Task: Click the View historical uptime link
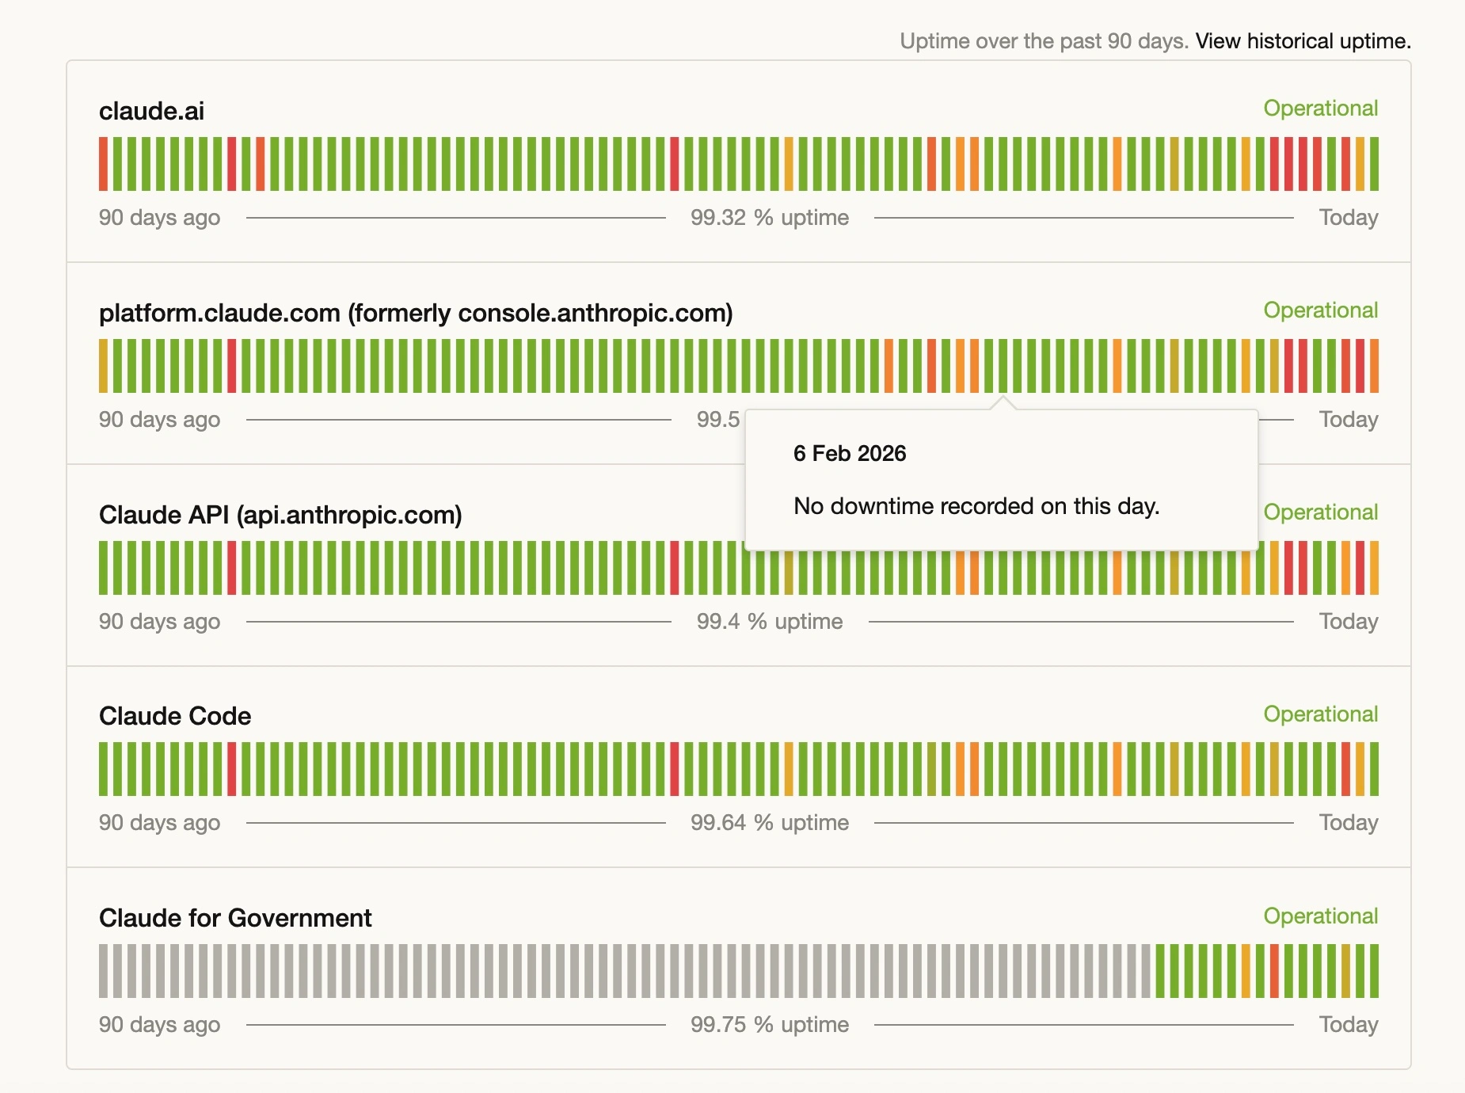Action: pos(1303,41)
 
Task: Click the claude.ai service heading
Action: pos(151,111)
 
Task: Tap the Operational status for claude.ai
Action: pos(1320,109)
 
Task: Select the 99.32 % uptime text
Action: pos(769,218)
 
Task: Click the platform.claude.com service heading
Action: pos(415,313)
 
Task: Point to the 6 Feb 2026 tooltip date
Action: pos(850,454)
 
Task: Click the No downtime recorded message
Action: pos(976,506)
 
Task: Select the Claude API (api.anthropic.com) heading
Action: pos(280,515)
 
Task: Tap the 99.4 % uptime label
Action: pos(769,622)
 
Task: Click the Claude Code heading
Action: pos(175,716)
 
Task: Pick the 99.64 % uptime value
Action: pos(769,823)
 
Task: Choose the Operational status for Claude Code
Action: pos(1320,714)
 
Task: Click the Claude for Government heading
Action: pos(235,918)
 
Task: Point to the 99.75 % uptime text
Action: pos(769,1025)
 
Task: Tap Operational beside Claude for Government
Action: pos(1320,916)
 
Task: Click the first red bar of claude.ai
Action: pos(103,164)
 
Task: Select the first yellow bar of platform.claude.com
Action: pos(103,366)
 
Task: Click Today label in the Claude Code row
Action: pos(1348,823)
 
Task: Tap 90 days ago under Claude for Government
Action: pos(159,1025)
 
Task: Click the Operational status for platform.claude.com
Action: pos(1320,310)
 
